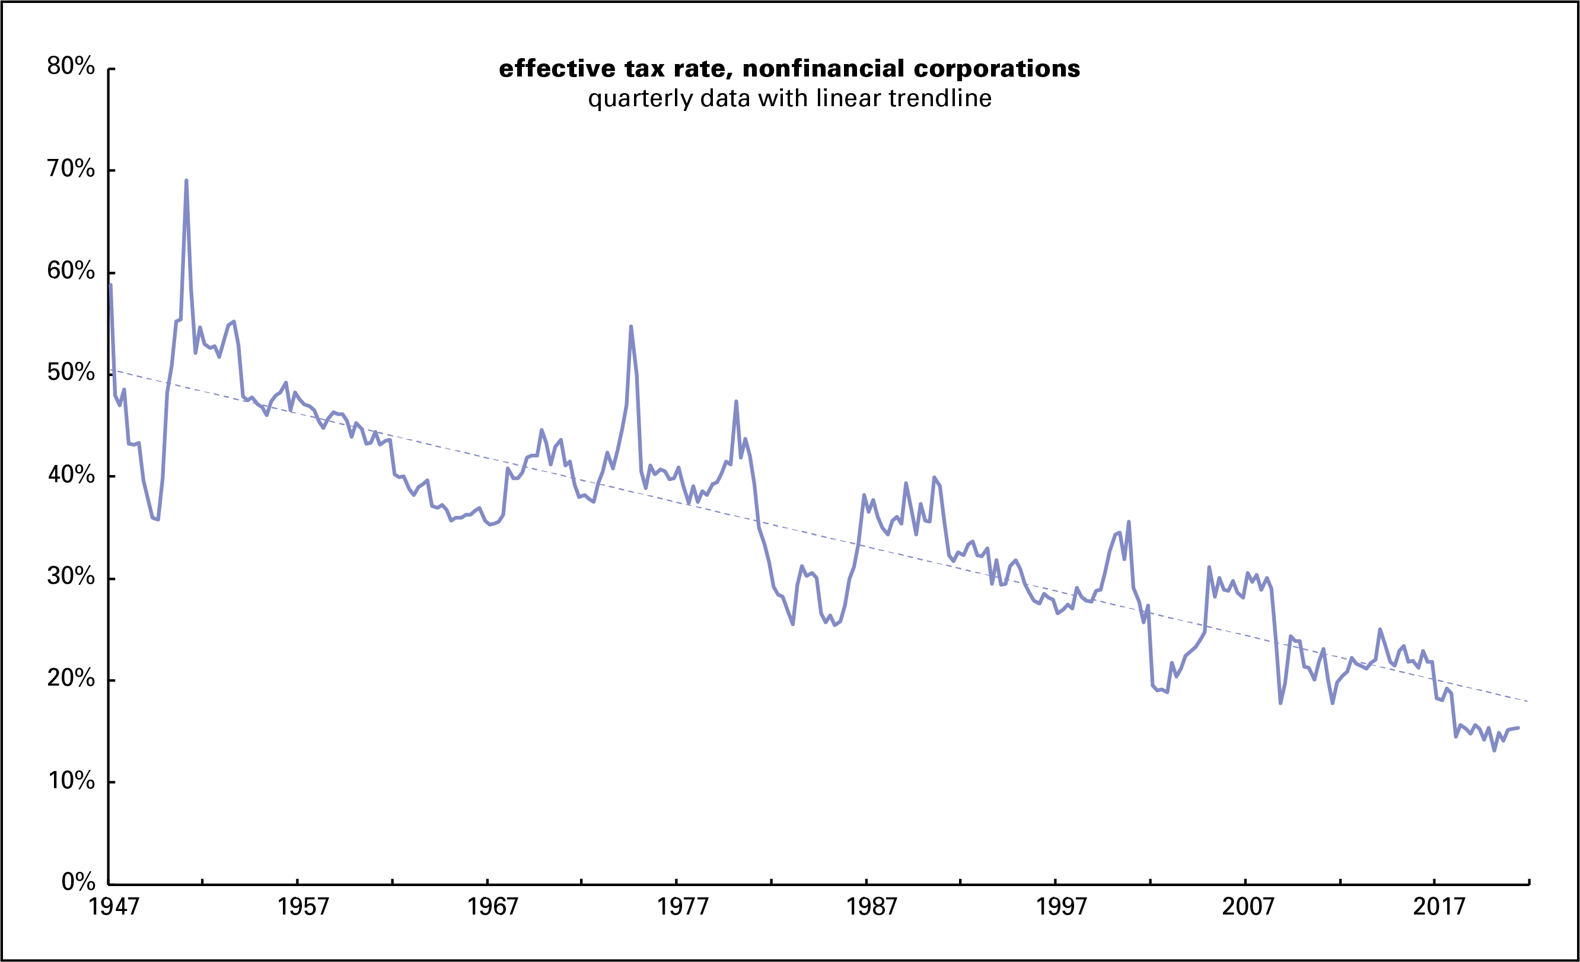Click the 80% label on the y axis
click(x=71, y=66)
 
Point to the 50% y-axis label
click(x=71, y=372)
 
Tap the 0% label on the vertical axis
click(x=78, y=882)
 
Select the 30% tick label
click(x=71, y=576)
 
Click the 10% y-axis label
click(x=71, y=781)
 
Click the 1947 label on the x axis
click(x=113, y=906)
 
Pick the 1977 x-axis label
click(x=682, y=906)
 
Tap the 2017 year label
click(x=1439, y=906)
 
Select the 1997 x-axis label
click(x=1061, y=906)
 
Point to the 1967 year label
click(x=492, y=906)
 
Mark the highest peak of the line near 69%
click(x=186, y=181)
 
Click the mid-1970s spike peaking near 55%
click(x=631, y=326)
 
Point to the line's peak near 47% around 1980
click(x=736, y=402)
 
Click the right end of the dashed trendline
click(x=1528, y=701)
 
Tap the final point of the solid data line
click(x=1518, y=728)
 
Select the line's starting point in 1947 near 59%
click(x=110, y=285)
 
